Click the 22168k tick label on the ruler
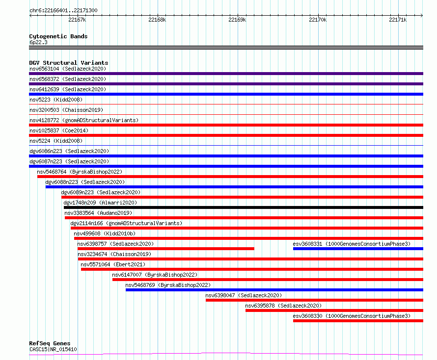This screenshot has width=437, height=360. point(157,20)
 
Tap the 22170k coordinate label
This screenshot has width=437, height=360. point(318,20)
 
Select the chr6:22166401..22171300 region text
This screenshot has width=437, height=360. point(63,11)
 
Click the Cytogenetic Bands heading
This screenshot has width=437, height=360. point(58,36)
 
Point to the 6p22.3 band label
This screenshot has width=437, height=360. point(38,42)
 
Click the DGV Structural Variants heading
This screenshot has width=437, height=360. point(69,63)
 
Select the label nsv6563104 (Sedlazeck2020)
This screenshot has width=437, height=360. point(68,69)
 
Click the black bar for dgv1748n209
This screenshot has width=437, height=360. point(244,207)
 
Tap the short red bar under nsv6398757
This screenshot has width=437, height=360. point(166,249)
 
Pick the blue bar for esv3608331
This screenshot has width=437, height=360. point(358,249)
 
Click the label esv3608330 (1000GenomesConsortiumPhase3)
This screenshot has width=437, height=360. point(352,316)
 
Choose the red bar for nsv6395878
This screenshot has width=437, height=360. point(334,310)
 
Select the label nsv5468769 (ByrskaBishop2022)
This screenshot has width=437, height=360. point(168,285)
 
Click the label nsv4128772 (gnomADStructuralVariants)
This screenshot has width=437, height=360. point(84,120)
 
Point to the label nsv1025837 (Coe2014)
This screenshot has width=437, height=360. point(59,130)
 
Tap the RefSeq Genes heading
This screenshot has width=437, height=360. point(50,343)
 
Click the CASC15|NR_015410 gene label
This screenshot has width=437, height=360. point(53,349)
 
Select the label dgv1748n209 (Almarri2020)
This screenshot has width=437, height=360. point(100,203)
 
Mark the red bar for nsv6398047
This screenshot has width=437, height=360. point(314,300)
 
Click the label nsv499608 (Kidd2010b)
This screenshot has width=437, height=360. point(105,233)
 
